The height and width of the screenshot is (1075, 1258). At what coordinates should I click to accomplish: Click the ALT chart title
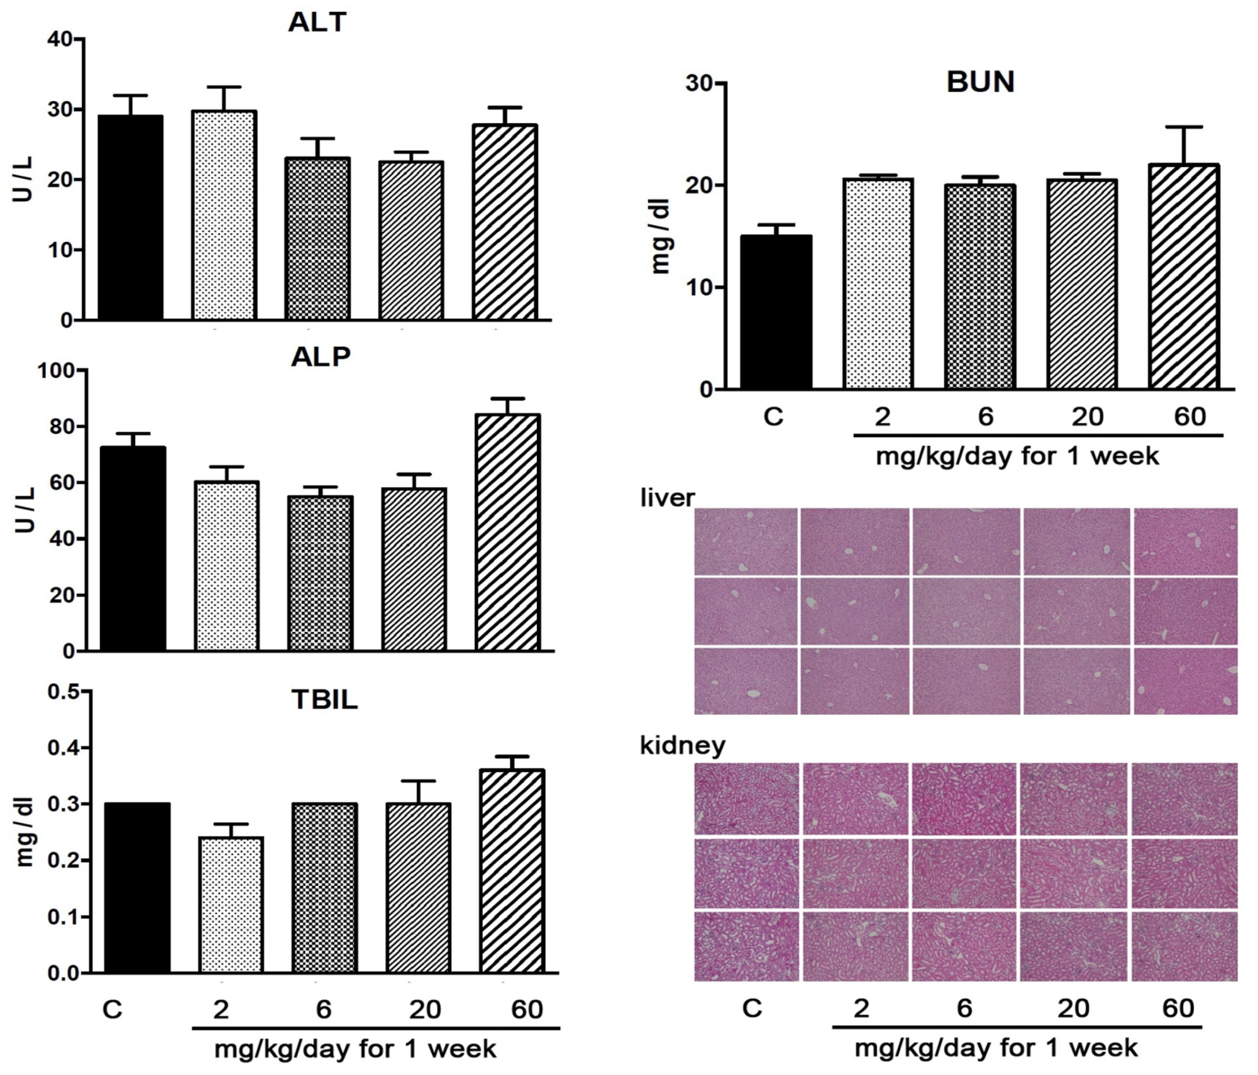pos(317,23)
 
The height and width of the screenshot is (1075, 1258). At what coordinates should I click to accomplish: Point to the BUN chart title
pos(980,82)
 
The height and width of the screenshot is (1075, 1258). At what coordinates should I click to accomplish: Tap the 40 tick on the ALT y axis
pos(60,39)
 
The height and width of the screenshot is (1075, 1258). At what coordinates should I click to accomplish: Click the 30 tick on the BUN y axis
pos(702,83)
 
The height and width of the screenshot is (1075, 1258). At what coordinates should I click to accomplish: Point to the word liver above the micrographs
pos(667,498)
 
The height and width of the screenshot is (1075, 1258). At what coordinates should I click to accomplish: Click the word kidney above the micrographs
pos(682,746)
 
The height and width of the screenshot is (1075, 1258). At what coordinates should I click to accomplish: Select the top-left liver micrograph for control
pos(746,541)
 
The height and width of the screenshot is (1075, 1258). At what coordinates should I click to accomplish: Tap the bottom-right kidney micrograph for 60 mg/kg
pos(1184,946)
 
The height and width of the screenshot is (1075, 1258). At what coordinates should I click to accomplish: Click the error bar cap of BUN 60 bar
pos(1184,128)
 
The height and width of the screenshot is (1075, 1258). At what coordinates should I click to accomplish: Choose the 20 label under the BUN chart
pos(1087,417)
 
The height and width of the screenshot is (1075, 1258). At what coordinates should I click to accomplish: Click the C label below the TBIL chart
pos(112,1010)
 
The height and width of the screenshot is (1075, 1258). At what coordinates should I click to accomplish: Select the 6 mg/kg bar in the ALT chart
pos(317,239)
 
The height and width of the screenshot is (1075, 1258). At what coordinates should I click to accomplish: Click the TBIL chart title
pos(324,700)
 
